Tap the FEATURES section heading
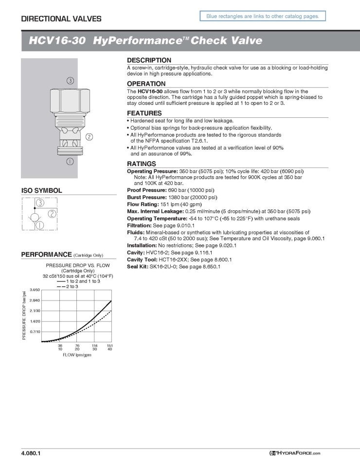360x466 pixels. [x=144, y=113]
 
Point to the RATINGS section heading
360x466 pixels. [x=142, y=164]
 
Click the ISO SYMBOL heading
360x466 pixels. [x=41, y=190]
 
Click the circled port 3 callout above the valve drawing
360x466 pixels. [x=71, y=80]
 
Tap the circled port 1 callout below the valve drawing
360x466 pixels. [x=70, y=160]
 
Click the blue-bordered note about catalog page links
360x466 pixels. [x=263, y=17]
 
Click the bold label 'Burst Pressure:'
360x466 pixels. [x=144, y=198]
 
